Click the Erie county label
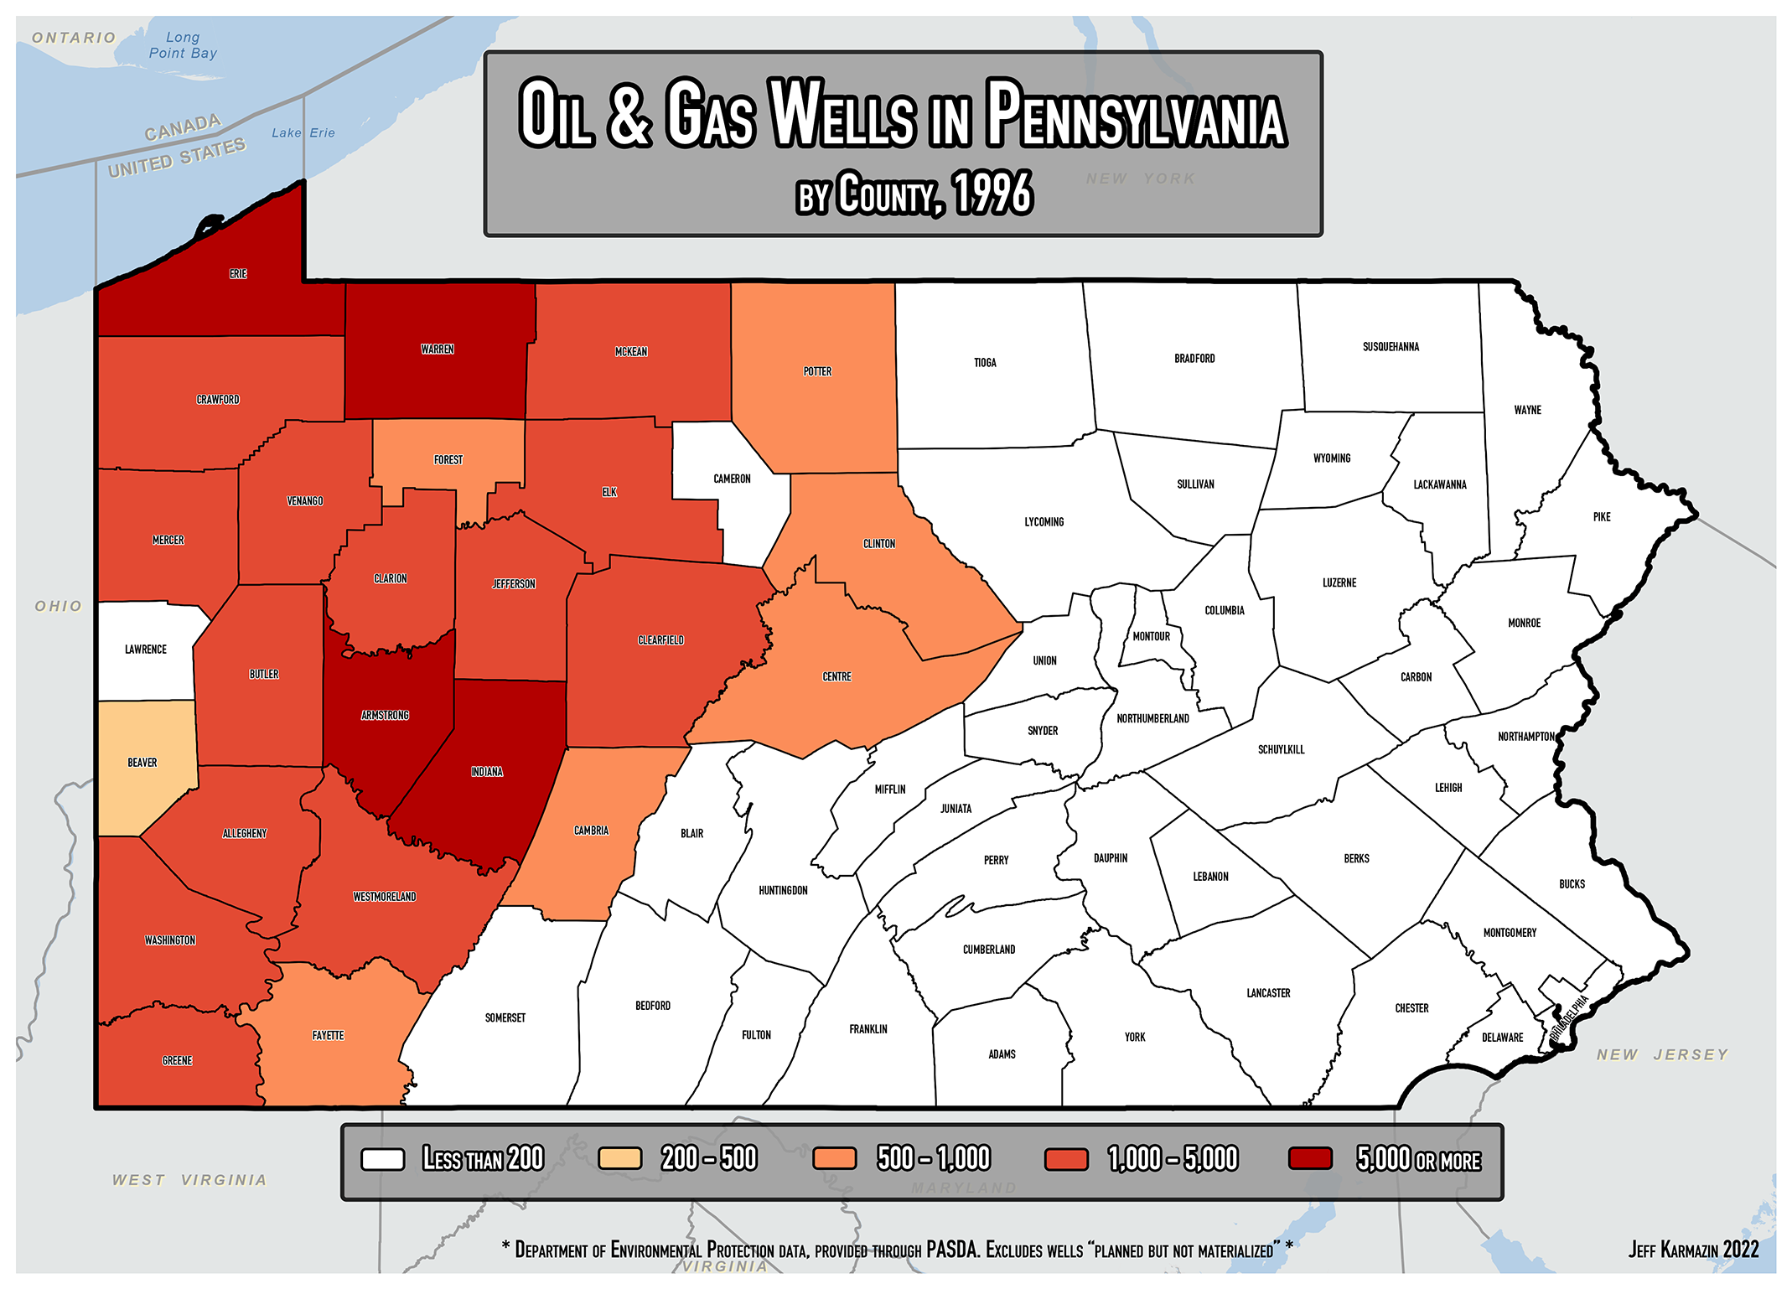point(238,274)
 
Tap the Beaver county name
point(142,763)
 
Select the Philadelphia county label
point(1568,1019)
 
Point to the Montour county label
point(1151,637)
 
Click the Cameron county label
point(732,479)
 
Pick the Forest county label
point(448,460)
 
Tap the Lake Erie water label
point(303,133)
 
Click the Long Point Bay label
point(183,45)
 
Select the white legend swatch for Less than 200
point(382,1159)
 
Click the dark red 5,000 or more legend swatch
point(1310,1159)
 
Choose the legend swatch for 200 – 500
point(619,1159)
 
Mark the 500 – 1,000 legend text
point(933,1159)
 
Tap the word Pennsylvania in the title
point(1135,115)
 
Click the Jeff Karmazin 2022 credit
point(1693,1250)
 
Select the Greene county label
point(177,1061)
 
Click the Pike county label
point(1601,517)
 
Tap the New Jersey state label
point(1662,1055)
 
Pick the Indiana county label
point(486,772)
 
